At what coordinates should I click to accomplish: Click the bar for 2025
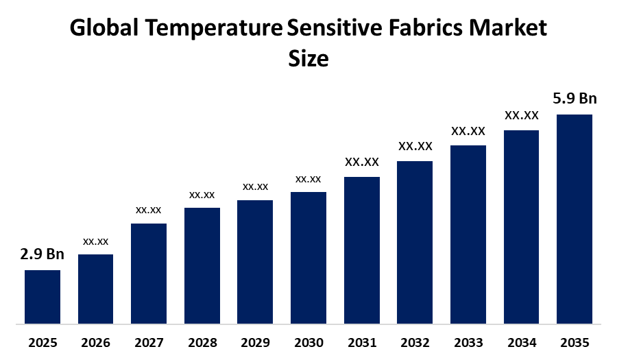43,296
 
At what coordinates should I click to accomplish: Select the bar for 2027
149,273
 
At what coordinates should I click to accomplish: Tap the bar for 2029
255,261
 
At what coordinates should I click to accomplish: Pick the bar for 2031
361,250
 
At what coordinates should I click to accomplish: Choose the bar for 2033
468,234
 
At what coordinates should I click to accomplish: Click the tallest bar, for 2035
574,218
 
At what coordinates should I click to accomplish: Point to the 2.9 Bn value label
43,254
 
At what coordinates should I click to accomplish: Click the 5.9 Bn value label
574,98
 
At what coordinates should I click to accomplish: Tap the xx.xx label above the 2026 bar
95,241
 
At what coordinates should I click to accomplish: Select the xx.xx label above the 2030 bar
308,179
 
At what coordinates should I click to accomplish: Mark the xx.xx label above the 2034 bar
521,115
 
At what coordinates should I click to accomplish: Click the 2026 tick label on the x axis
95,342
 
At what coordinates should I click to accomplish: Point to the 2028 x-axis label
202,342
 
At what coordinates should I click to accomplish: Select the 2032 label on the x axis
414,342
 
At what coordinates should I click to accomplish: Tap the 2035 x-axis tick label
574,342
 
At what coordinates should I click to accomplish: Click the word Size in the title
308,58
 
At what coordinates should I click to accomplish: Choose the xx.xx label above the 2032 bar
415,146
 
